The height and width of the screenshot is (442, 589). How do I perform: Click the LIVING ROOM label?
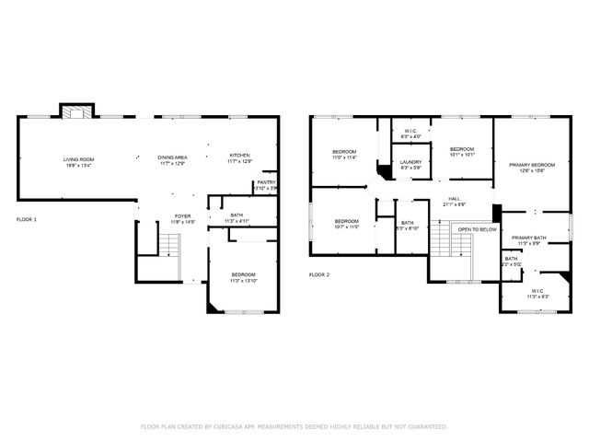78,159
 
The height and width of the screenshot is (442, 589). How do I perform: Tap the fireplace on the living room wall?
73,111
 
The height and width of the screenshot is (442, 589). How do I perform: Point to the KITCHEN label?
239,155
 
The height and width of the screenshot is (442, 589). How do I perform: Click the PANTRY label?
266,182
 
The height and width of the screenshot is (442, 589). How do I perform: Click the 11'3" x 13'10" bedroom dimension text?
243,281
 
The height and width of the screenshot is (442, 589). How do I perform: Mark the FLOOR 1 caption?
26,219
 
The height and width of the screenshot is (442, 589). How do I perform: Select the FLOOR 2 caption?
318,274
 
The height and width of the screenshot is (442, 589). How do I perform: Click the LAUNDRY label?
410,162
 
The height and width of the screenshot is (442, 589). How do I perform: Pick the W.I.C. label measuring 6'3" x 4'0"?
410,131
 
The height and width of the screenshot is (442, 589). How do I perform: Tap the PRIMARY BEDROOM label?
532,164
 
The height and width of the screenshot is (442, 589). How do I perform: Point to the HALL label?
454,198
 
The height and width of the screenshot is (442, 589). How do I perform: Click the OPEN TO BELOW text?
478,229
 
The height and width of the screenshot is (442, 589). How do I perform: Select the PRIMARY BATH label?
529,238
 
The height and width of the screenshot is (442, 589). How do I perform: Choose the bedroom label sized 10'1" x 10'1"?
461,149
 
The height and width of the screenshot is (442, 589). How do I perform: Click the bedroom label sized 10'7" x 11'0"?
346,221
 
